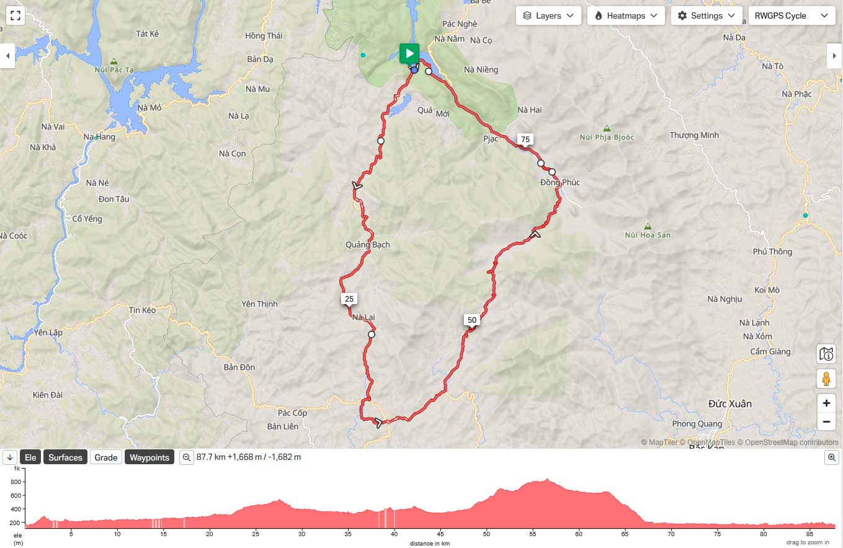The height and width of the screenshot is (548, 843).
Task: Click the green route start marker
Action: [x=409, y=53]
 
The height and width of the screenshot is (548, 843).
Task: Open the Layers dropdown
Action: [x=548, y=16]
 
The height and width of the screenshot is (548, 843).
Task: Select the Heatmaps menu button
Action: [x=626, y=16]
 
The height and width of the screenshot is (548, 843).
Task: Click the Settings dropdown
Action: [x=707, y=16]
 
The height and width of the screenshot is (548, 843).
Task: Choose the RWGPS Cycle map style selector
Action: [x=790, y=16]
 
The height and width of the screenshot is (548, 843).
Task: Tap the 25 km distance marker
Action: [x=349, y=299]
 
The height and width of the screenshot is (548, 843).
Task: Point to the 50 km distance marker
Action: [x=471, y=320]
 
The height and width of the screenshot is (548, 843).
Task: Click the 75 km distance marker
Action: [x=525, y=140]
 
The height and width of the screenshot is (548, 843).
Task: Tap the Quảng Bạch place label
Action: [x=368, y=245]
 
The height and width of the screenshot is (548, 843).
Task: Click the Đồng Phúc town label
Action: [x=560, y=182]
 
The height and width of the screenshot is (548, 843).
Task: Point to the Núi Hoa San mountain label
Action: [x=648, y=235]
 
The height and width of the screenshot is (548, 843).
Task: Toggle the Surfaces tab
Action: [x=65, y=457]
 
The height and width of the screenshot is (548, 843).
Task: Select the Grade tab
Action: [x=105, y=457]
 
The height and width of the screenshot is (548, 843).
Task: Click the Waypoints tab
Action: [x=149, y=457]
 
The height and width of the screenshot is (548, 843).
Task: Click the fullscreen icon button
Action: [x=16, y=16]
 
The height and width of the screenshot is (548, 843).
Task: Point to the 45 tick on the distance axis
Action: [x=440, y=534]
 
